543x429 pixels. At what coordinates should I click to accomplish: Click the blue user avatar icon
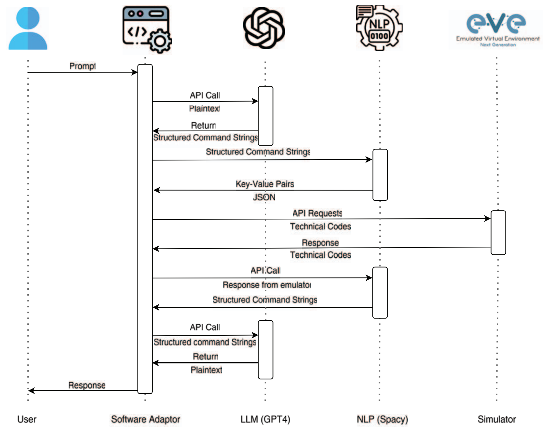point(28,28)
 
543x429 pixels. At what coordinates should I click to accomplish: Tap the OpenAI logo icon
point(264,28)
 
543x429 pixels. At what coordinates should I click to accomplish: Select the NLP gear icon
point(379,28)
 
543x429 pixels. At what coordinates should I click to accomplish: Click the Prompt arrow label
point(82,66)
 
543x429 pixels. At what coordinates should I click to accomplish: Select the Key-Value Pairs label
point(265,184)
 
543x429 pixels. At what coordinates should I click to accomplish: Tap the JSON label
point(264,197)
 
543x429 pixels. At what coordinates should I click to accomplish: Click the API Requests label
point(317,213)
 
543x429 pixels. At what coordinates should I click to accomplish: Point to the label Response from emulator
point(267,285)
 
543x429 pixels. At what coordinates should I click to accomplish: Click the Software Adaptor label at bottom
point(146,419)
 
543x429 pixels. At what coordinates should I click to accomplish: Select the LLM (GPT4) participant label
point(265,419)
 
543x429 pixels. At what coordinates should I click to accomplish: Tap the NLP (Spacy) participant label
point(382,419)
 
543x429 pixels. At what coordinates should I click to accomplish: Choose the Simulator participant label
point(497,419)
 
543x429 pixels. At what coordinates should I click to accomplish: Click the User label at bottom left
point(27,419)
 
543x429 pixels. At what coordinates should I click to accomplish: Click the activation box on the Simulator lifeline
point(498,233)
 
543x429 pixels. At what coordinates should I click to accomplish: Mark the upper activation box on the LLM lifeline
point(265,116)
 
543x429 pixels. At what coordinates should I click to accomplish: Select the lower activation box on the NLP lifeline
point(380,293)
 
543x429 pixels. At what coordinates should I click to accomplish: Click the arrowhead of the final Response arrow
point(31,390)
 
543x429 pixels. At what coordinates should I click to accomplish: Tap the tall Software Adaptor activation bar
point(145,229)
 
